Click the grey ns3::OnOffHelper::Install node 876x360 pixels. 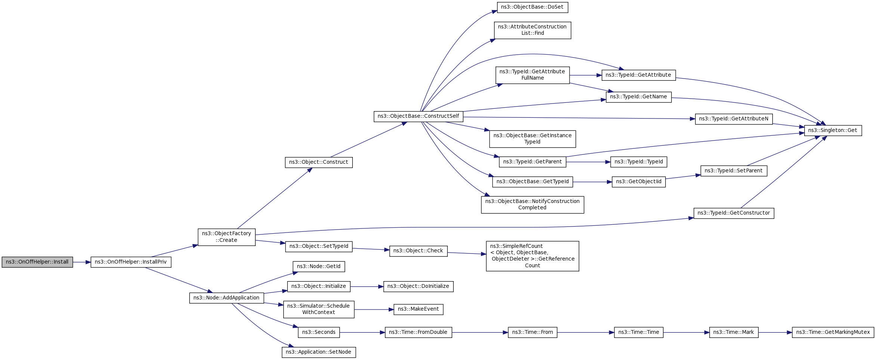tap(37, 262)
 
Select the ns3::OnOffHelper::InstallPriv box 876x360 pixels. tap(131, 262)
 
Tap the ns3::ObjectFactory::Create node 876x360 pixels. tap(226, 237)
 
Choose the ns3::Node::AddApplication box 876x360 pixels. tap(226, 298)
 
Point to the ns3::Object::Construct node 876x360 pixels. tap(319, 162)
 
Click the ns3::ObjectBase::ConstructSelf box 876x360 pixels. tap(419, 116)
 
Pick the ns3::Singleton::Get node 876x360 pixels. tap(833, 130)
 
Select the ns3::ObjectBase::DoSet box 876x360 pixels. tap(533, 7)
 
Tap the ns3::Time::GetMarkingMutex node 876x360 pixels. tap(833, 332)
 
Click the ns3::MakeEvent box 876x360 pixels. tap(419, 309)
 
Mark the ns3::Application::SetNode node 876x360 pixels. tap(319, 352)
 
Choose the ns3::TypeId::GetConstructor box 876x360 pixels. tap(734, 213)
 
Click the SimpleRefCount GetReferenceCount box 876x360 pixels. tap(533, 256)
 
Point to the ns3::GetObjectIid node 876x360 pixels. tap(639, 182)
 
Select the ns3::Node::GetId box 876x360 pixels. tap(319, 267)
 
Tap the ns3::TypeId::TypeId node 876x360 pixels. tap(639, 162)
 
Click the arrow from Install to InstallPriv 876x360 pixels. tap(82, 262)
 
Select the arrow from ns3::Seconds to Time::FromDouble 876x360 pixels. tap(363, 332)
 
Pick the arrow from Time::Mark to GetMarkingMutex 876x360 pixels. tap(775, 332)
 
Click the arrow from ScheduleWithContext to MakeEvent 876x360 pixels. tap(374, 310)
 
